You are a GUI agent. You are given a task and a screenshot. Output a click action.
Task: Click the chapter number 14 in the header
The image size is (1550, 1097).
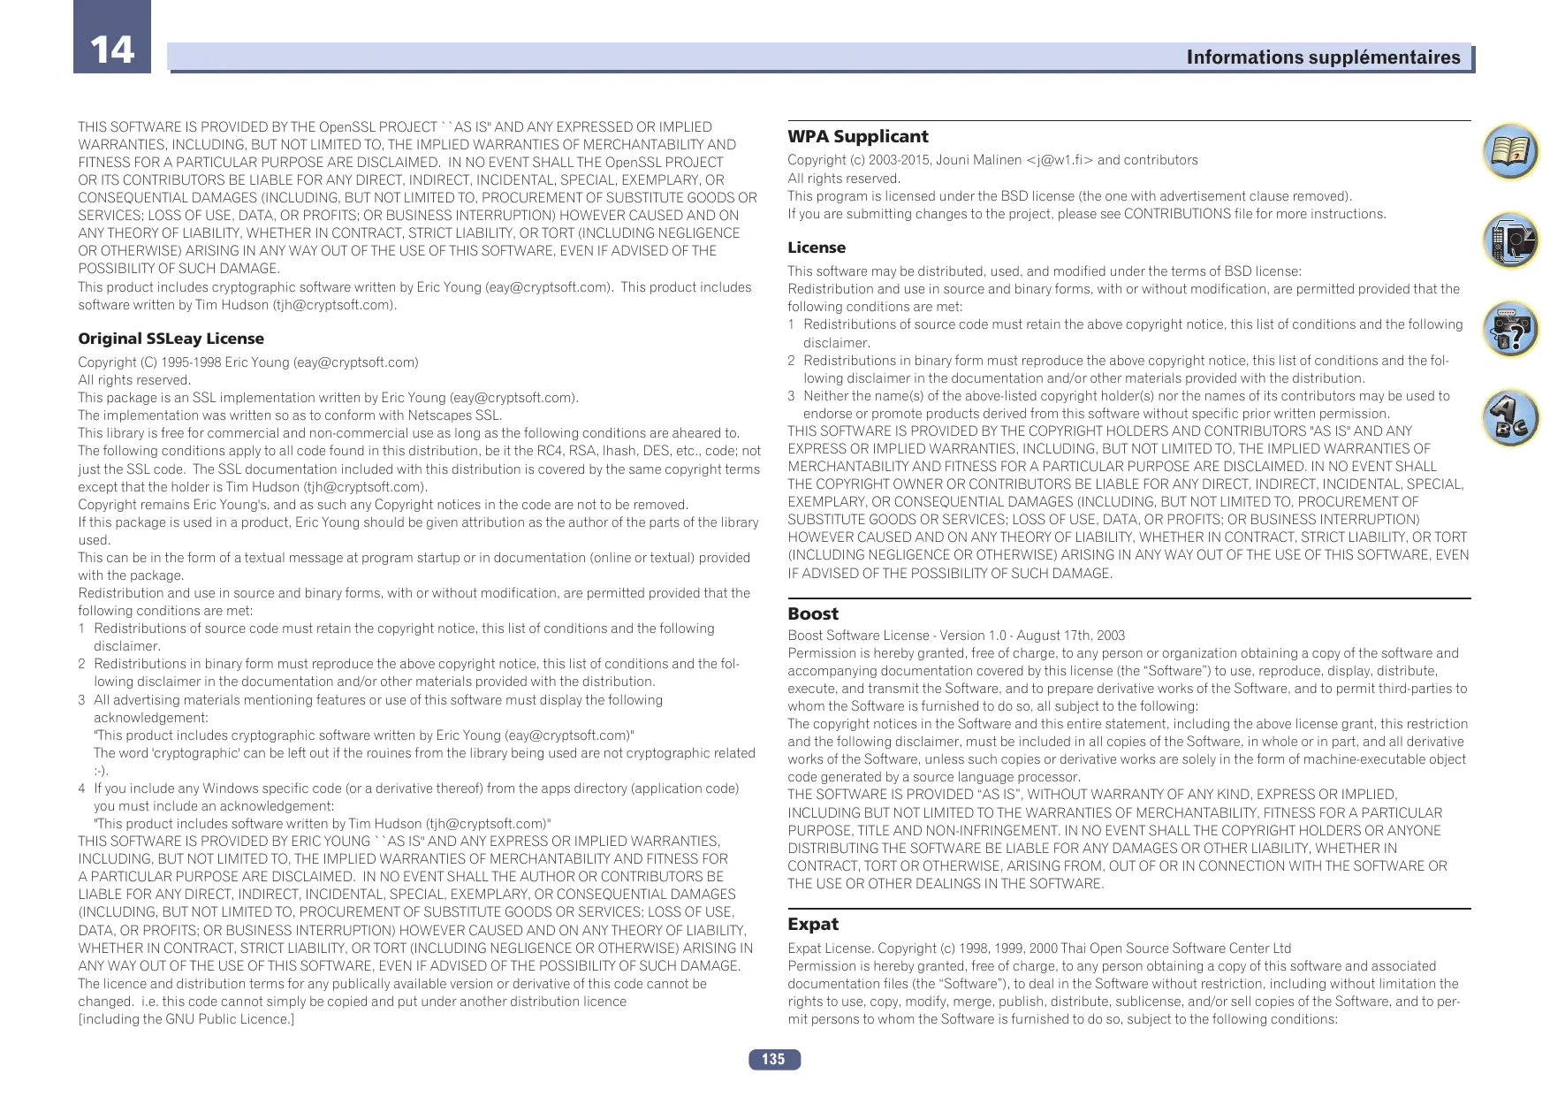112,49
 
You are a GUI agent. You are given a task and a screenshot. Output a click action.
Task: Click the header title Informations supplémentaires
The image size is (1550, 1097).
1322,57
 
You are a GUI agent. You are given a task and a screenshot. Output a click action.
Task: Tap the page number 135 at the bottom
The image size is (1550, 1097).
773,1059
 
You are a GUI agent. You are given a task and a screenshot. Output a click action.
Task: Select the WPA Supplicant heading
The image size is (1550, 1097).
857,137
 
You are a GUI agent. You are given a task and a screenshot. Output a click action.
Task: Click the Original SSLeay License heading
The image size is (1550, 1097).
171,339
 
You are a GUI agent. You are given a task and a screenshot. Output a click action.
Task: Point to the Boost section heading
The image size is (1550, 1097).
813,613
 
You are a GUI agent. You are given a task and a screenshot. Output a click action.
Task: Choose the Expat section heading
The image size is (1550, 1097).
813,924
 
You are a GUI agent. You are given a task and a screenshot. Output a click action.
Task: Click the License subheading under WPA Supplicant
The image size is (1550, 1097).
817,248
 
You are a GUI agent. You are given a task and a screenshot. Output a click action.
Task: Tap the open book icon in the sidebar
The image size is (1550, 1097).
1510,152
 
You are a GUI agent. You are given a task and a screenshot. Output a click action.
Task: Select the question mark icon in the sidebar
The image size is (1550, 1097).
1510,329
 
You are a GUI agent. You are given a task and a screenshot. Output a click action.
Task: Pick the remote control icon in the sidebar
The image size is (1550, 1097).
1510,240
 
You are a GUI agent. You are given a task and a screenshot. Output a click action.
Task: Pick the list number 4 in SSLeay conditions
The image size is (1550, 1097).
81,788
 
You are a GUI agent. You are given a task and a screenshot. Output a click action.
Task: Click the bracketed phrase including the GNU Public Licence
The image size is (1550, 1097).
186,1019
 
